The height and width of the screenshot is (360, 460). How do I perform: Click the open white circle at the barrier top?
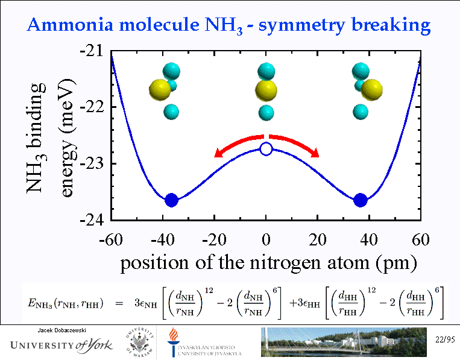point(266,148)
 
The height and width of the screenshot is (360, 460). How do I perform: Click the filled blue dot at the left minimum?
point(172,200)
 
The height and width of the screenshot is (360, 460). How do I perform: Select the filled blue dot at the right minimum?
point(361,200)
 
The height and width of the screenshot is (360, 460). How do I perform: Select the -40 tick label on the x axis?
point(163,239)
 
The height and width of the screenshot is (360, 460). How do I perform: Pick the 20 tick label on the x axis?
point(317,239)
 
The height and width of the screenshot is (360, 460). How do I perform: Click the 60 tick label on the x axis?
point(420,239)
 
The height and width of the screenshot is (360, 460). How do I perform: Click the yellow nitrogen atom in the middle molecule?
point(266,92)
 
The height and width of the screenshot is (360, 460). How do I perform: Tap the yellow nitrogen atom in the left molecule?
point(161,90)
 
